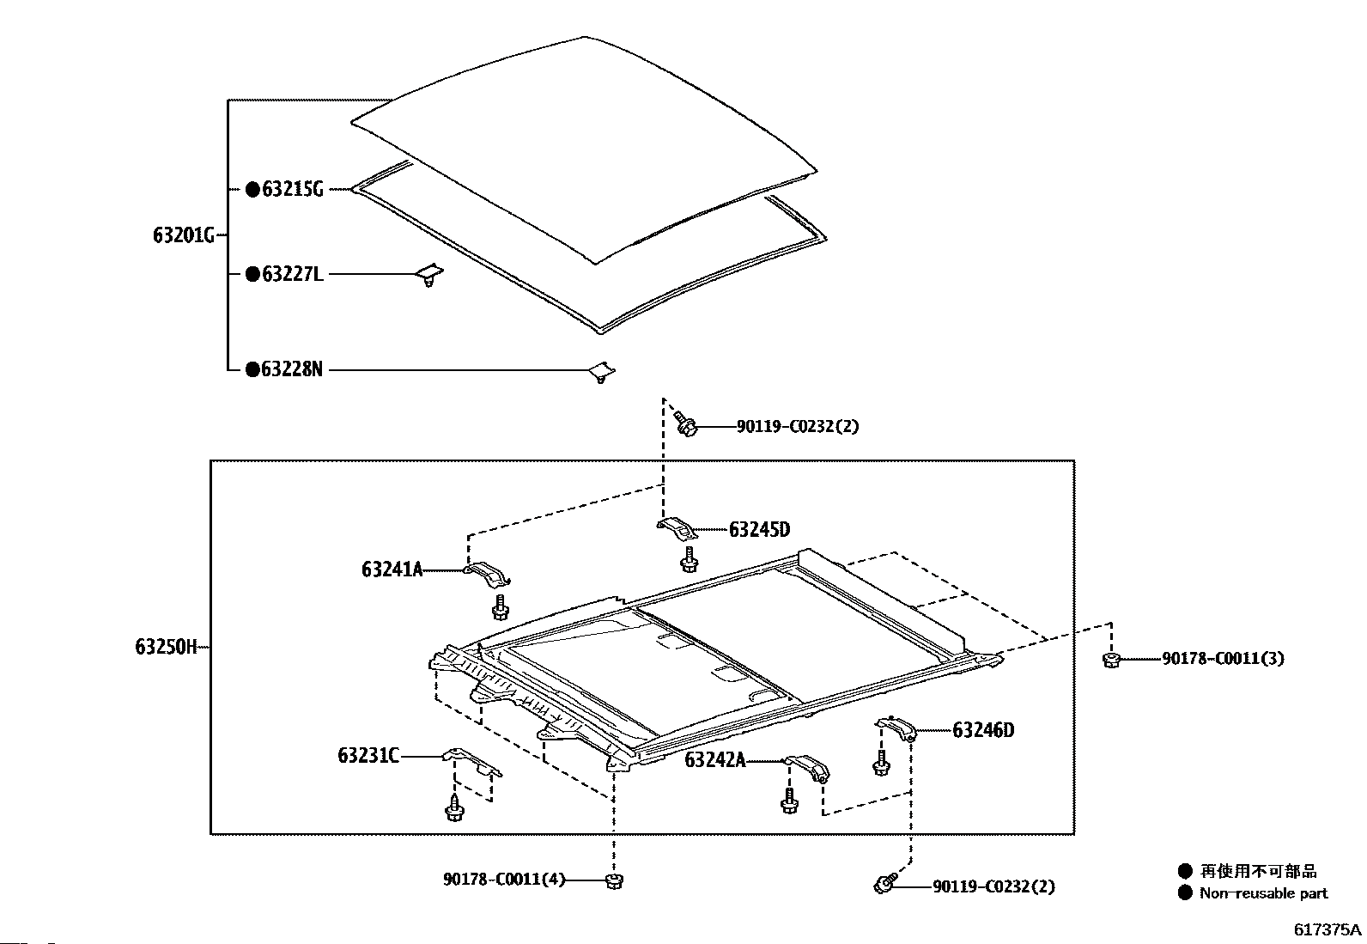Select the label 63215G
coord(292,190)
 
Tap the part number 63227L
coord(292,275)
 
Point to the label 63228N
coord(292,370)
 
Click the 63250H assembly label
coord(166,647)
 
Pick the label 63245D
coord(759,530)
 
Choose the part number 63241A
coord(392,569)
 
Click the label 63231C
coord(368,756)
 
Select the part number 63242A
coord(715,760)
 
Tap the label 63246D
coord(983,731)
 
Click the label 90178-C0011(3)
coord(1224,659)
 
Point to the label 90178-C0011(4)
coord(504,880)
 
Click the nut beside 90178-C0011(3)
coord(1110,660)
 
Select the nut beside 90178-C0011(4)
coord(613,880)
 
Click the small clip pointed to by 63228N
coord(605,371)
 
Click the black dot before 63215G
coord(252,190)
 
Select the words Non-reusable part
coord(1263,893)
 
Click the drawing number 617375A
coord(1328,929)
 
